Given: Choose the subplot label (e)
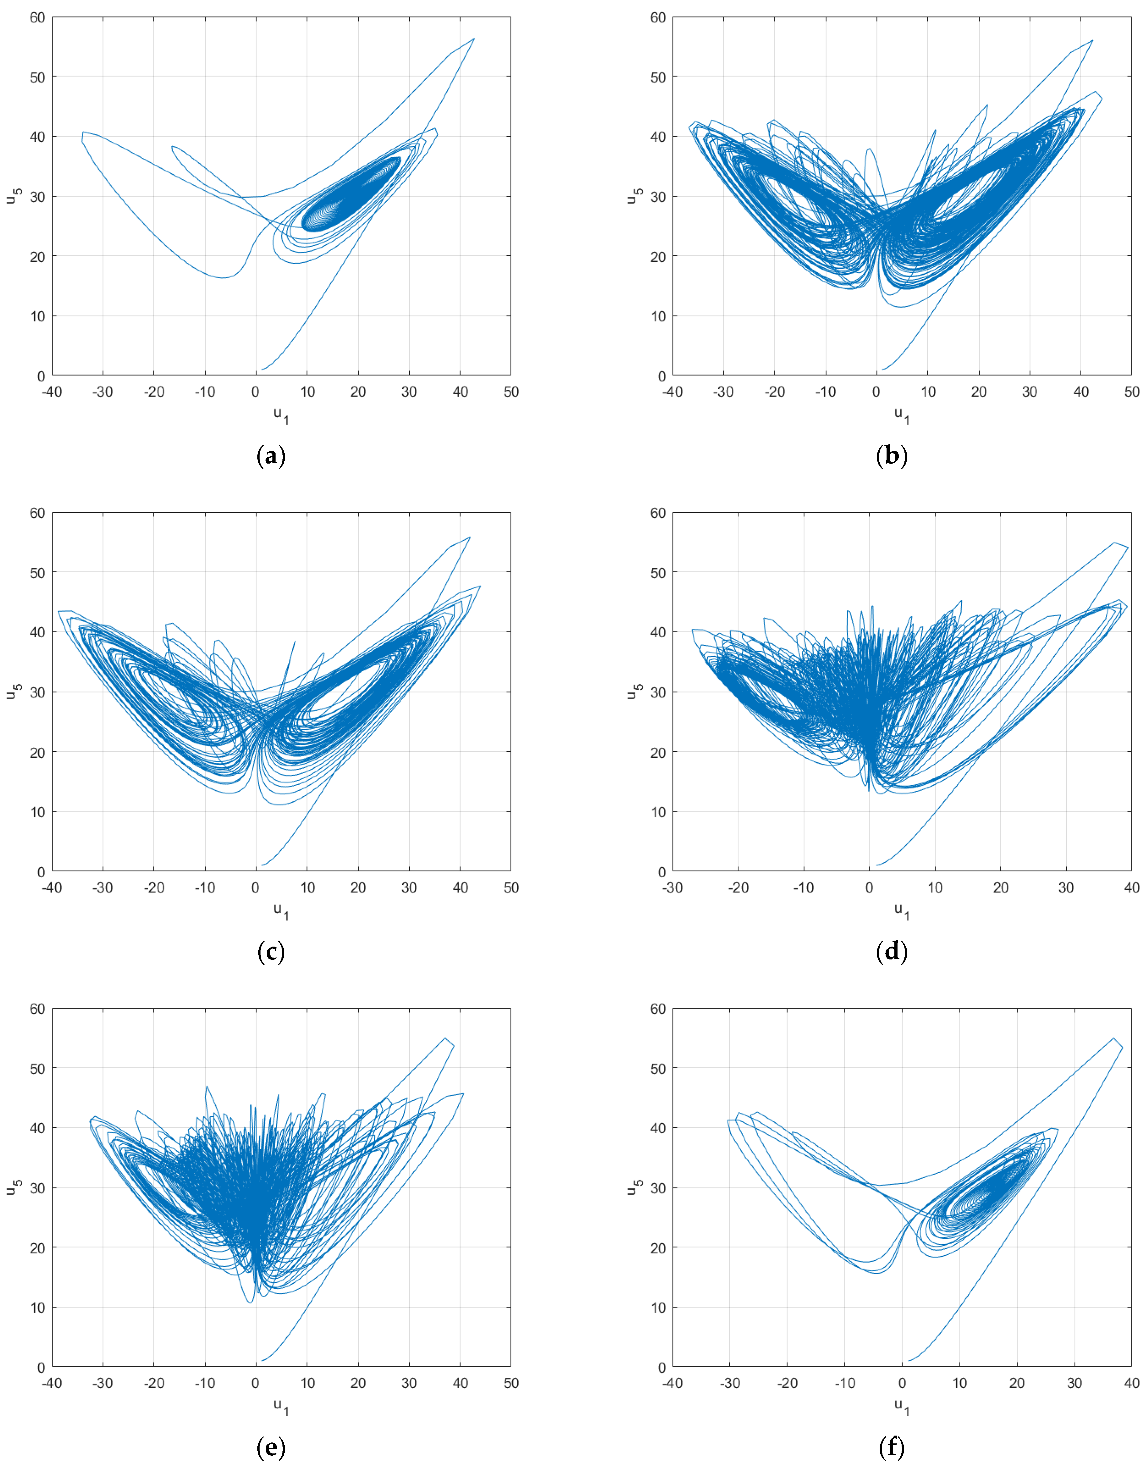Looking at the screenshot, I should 271,1447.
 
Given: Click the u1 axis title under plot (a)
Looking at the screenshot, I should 281,415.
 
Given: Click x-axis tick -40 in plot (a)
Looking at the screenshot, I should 52,392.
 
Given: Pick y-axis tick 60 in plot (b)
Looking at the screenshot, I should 658,18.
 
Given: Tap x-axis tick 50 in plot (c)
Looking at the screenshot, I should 511,888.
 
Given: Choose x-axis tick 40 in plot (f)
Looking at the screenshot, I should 1131,1383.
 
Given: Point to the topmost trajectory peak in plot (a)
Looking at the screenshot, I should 474,39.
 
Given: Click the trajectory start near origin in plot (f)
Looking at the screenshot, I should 909,1360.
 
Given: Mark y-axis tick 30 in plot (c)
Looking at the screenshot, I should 38,692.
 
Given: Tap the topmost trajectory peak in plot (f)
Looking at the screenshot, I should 1114,1038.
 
